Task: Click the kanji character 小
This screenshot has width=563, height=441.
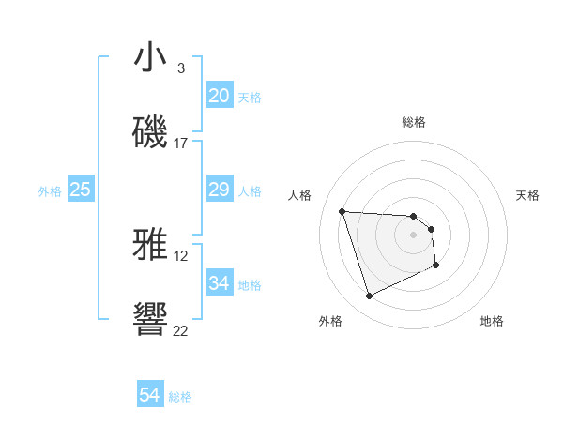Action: click(151, 57)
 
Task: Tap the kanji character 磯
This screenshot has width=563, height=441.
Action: click(151, 132)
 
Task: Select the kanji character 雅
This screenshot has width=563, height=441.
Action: click(151, 245)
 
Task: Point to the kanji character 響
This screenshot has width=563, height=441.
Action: click(151, 320)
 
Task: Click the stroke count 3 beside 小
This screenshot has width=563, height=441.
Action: click(181, 68)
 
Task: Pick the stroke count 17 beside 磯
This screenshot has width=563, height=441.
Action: click(181, 144)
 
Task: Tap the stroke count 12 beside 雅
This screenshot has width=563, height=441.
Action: click(181, 256)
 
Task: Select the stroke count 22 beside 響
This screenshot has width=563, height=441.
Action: click(181, 331)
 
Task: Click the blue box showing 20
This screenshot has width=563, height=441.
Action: click(219, 96)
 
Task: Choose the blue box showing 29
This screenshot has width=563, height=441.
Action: click(219, 190)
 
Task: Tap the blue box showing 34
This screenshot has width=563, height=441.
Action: click(219, 283)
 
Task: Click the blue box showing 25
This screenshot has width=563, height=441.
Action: click(81, 190)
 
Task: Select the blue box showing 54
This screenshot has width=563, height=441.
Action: click(150, 396)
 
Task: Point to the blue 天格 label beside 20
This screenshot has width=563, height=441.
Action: click(250, 98)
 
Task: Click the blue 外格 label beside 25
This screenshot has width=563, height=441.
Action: click(50, 191)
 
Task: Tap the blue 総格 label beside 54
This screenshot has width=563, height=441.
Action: click(180, 397)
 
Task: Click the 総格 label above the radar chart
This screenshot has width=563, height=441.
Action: click(414, 122)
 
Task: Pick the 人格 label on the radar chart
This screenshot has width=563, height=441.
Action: click(300, 195)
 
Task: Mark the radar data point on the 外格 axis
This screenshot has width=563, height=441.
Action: click(369, 297)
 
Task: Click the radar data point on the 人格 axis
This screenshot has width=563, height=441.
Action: click(342, 211)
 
